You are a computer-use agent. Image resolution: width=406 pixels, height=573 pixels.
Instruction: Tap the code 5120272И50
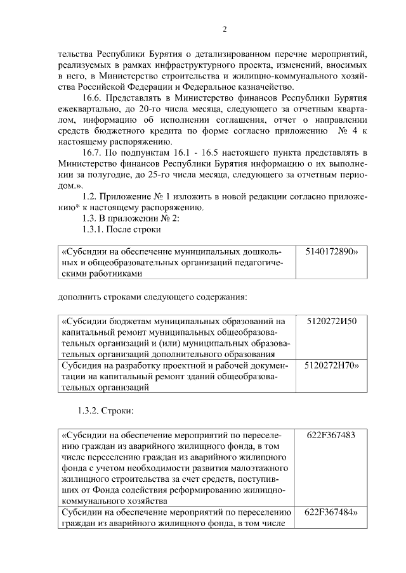[331, 321]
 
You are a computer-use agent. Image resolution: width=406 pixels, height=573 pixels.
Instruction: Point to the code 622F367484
[331, 512]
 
